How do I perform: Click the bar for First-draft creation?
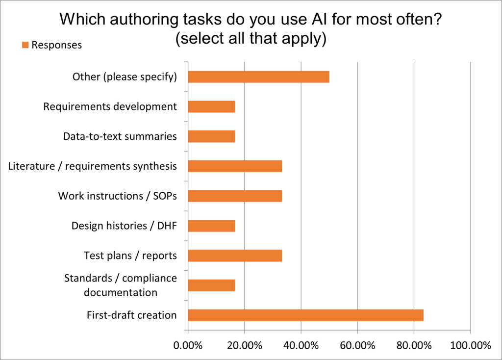point(305,315)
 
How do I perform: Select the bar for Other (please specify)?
point(258,77)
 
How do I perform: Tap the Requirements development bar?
point(211,106)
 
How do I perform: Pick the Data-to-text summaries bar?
point(211,136)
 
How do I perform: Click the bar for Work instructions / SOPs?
point(235,196)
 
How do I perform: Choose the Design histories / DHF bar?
point(211,226)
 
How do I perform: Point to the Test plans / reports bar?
point(235,256)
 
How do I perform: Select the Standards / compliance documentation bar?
point(211,285)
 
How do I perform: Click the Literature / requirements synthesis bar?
point(235,166)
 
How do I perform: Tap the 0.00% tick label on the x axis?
point(188,345)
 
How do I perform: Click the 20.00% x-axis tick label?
point(244,345)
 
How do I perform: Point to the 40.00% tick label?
point(301,345)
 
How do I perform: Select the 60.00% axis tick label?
point(357,345)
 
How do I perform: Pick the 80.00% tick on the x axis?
point(413,345)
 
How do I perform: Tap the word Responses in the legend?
point(56,45)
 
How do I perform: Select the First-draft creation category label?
point(131,315)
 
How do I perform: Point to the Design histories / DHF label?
point(124,226)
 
